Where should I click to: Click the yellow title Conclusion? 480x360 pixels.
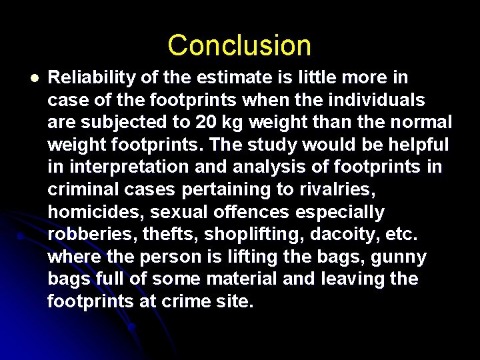point(239,45)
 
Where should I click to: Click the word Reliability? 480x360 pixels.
point(92,78)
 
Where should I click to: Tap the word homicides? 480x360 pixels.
point(94,212)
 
